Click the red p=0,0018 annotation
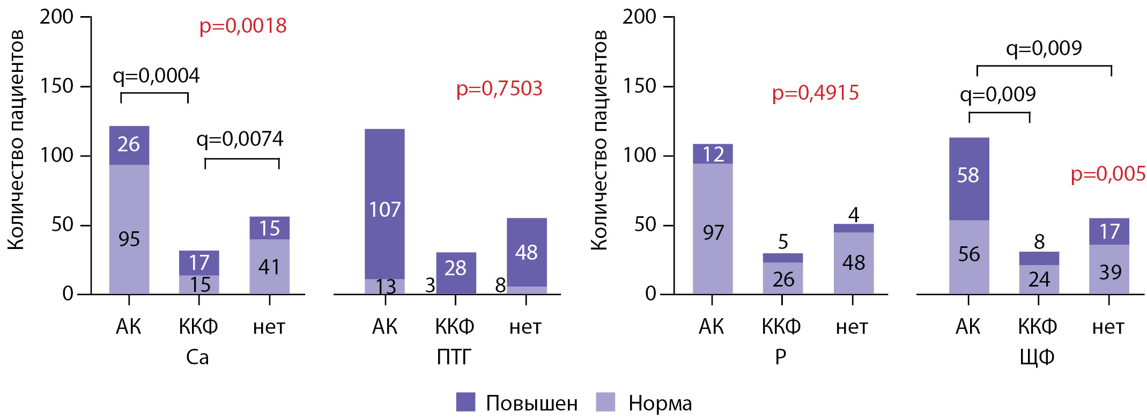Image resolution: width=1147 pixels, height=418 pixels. point(243,26)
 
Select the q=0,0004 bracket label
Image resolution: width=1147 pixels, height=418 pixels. point(156,76)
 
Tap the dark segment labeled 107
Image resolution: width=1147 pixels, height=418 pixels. point(384,204)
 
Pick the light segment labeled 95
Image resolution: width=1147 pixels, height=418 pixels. point(129,229)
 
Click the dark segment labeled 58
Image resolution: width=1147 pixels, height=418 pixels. point(968,179)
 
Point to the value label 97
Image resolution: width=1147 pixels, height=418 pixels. point(713,233)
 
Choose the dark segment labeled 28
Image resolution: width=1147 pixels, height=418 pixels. point(455,273)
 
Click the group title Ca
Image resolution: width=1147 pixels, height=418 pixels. point(197,357)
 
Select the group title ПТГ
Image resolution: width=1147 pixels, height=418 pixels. point(454,357)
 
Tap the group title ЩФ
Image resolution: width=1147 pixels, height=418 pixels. point(1037,357)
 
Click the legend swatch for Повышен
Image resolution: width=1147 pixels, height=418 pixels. point(465,402)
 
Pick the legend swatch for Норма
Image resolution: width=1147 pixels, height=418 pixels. point(605,402)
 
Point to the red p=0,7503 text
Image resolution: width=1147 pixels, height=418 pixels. point(499,89)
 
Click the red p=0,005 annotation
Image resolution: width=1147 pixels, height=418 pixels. point(1108,174)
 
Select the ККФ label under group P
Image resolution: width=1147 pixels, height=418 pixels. point(781,326)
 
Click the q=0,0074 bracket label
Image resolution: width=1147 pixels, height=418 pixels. point(240,139)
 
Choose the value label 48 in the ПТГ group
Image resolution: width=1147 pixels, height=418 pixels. point(526,252)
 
